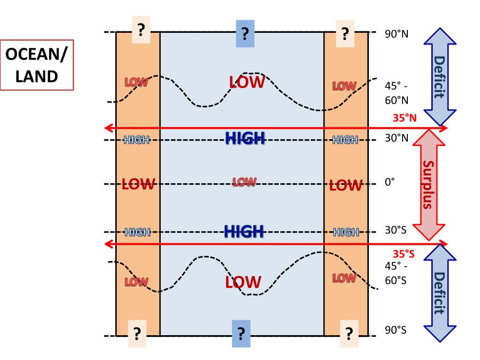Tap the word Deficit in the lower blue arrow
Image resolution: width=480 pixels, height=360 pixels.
[440, 293]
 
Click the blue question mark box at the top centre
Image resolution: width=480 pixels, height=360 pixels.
[244, 34]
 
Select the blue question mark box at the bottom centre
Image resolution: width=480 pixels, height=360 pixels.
[241, 333]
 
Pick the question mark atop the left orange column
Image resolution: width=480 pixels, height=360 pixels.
[141, 32]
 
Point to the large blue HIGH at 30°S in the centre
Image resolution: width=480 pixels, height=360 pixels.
[244, 231]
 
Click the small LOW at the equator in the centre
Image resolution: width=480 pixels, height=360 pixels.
[245, 181]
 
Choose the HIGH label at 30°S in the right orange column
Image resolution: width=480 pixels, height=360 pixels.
[345, 232]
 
